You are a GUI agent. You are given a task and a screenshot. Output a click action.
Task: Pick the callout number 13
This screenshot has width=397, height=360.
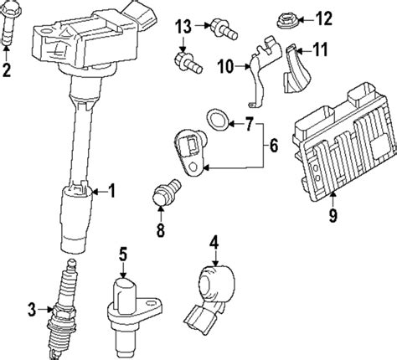coord(182,28)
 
